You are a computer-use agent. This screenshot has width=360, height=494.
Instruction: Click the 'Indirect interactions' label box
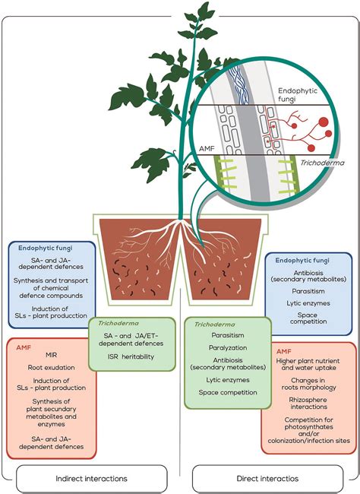point(92,478)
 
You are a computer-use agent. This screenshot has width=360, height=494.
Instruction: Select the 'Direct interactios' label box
point(267,478)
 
